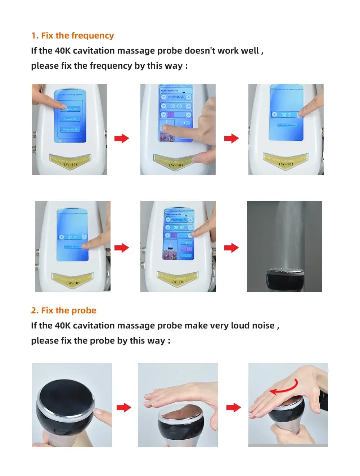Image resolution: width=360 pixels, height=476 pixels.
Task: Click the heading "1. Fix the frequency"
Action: [72, 36]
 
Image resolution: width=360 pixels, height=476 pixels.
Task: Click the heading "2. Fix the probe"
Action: [64, 310]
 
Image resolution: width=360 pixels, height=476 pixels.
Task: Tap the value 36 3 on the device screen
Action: [286, 115]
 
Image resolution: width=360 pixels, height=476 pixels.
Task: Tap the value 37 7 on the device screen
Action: [72, 237]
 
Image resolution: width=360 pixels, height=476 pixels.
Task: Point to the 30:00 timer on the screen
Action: [176, 106]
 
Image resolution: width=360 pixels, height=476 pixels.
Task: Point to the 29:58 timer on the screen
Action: [179, 228]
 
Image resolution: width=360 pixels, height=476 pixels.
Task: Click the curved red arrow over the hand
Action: [284, 387]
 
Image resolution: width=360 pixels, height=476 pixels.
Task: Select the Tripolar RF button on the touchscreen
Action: [70, 119]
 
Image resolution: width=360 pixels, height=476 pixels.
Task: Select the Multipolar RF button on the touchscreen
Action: [70, 129]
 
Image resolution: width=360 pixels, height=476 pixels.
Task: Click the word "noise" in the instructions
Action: [263, 326]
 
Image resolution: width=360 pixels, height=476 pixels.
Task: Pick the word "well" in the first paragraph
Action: [250, 51]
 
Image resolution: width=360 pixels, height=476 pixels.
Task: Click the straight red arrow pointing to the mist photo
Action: [231, 248]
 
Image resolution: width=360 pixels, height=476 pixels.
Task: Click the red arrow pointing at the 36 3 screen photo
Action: [231, 138]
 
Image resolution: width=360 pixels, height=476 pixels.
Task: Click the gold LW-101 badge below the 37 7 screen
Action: [73, 280]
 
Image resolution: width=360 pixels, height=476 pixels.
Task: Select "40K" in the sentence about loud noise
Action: [63, 326]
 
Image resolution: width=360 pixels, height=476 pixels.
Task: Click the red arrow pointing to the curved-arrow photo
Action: [233, 408]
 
